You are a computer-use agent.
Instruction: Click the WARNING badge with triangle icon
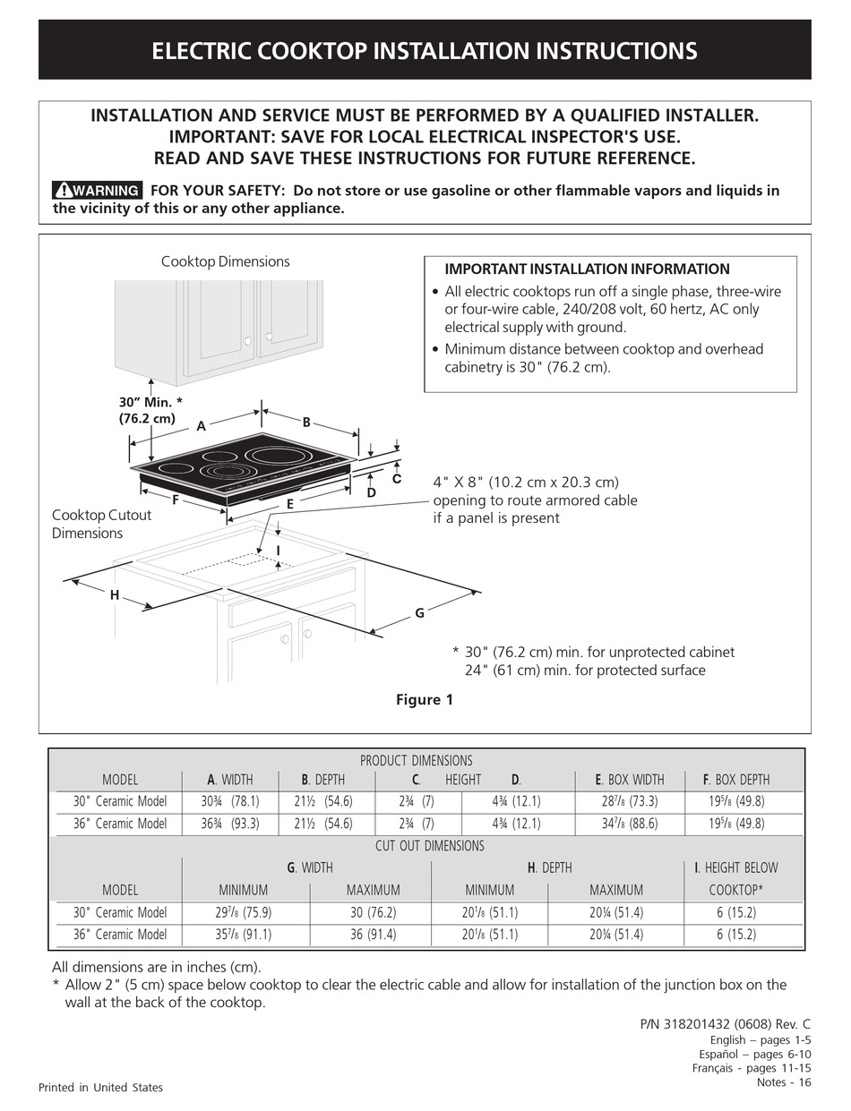point(97,191)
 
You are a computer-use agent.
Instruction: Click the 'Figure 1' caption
point(425,700)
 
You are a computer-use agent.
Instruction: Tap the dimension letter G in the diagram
point(418,613)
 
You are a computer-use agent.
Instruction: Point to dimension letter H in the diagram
point(115,595)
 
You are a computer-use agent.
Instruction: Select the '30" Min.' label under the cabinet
point(147,410)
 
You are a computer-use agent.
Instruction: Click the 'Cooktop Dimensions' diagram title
point(225,261)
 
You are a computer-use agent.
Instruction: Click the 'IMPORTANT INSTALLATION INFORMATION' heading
point(587,269)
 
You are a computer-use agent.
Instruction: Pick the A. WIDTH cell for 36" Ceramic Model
point(229,824)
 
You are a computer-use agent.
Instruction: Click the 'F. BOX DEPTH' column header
point(735,780)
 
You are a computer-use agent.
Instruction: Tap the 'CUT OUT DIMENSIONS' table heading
point(429,846)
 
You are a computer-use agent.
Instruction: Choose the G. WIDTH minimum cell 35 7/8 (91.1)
point(244,935)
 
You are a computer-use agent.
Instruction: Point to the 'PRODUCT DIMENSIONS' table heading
point(416,761)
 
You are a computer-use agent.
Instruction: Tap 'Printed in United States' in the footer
point(100,1088)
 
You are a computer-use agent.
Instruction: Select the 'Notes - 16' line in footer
point(784,1082)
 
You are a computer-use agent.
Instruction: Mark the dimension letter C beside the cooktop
point(396,480)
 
